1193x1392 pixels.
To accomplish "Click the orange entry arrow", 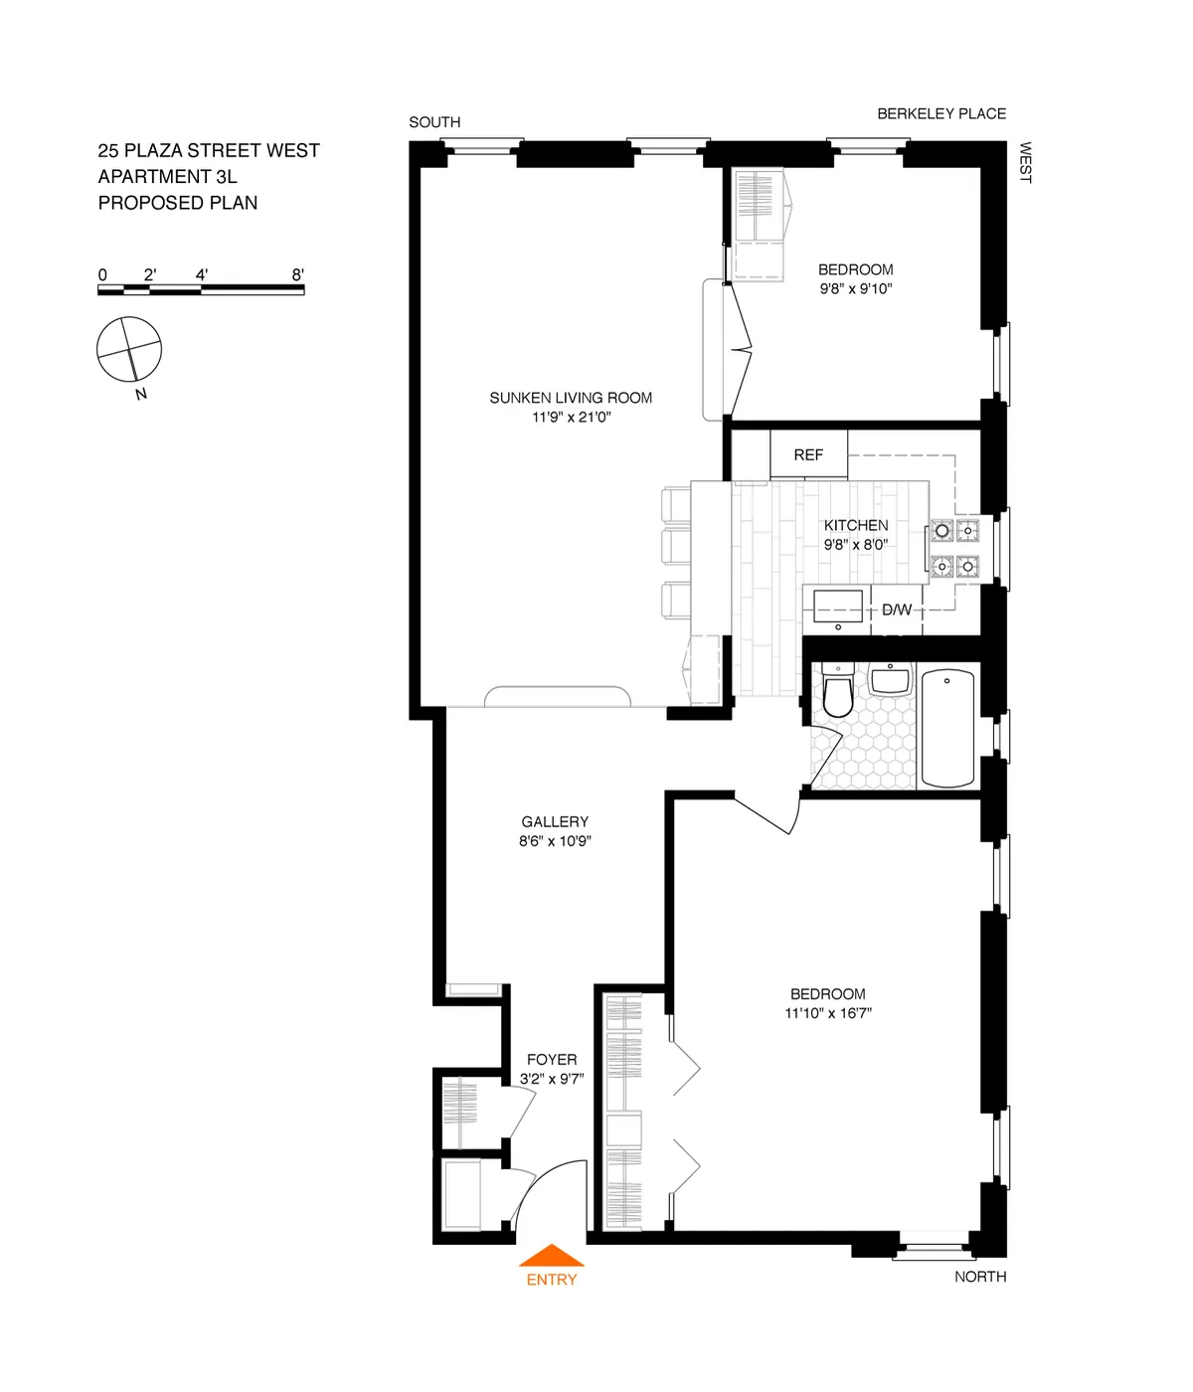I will click(x=551, y=1257).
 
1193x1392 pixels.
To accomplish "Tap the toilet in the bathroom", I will click(x=838, y=695).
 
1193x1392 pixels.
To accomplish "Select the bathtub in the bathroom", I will click(x=947, y=729).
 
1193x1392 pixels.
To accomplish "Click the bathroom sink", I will click(x=891, y=683).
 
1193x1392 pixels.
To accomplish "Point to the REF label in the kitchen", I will click(x=808, y=455).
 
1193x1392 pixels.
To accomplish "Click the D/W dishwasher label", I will click(x=896, y=609).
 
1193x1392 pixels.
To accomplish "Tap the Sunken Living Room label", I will click(x=571, y=398).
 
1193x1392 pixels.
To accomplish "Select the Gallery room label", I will click(x=555, y=822).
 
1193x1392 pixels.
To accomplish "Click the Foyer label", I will click(x=552, y=1060).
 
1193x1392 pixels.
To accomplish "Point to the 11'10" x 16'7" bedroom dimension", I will click(x=828, y=1013).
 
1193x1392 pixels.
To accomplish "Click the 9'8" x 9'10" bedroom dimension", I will click(x=855, y=289).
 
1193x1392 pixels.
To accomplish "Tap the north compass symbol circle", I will click(x=128, y=349).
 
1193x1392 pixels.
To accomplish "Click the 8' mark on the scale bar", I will click(x=297, y=275).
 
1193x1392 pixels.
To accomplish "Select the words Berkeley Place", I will click(x=941, y=113).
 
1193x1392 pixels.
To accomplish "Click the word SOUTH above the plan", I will click(x=434, y=122).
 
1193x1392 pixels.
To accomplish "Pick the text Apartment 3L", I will click(x=167, y=177).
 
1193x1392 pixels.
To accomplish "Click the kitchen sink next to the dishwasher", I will click(x=838, y=606).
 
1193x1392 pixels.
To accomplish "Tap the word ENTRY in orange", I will click(x=551, y=1280).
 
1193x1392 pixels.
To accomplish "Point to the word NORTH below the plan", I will click(x=980, y=1277).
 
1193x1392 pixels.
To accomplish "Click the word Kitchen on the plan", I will click(x=855, y=525).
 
